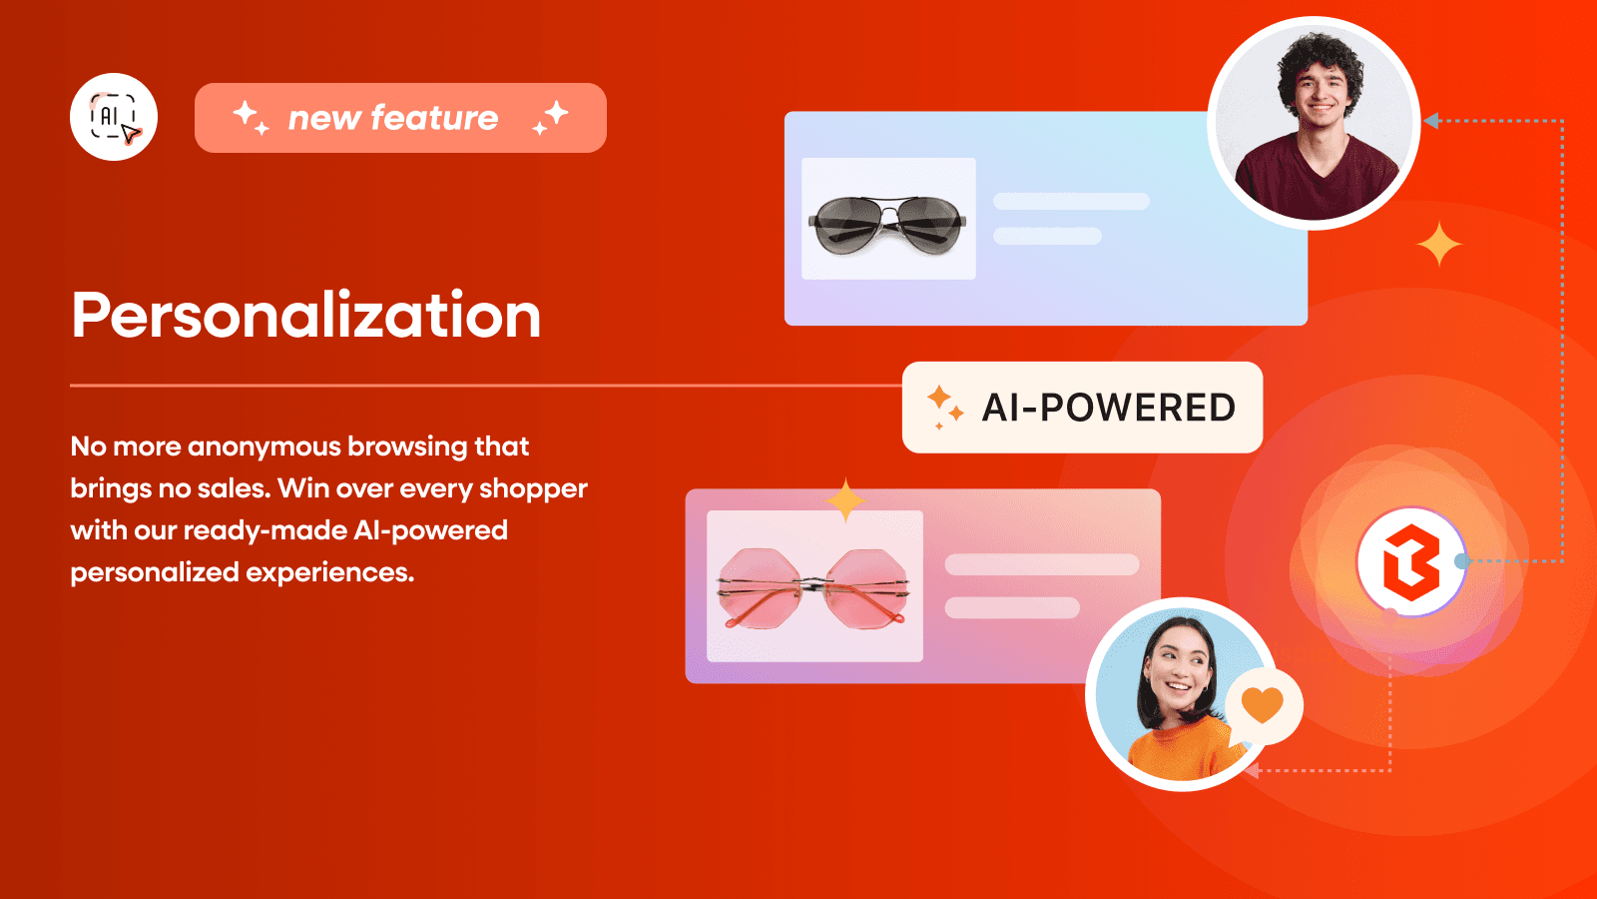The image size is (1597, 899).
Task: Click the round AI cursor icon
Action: [114, 117]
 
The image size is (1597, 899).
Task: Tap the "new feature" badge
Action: [400, 118]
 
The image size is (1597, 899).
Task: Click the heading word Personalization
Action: [306, 316]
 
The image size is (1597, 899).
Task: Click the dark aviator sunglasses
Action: [887, 222]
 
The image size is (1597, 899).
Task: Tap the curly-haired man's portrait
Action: [1315, 124]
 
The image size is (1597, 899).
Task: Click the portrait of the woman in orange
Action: [1177, 695]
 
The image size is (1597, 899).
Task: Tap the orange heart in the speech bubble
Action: [1262, 704]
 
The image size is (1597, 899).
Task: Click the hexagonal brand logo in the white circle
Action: [1410, 561]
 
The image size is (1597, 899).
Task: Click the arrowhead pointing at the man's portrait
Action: [1431, 121]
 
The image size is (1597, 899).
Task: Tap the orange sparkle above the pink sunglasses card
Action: [845, 499]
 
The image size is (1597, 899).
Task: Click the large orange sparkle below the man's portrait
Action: [1438, 245]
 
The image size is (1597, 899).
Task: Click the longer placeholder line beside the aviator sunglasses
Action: [1071, 202]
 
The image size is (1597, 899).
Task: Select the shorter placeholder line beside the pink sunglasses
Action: [1012, 607]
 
